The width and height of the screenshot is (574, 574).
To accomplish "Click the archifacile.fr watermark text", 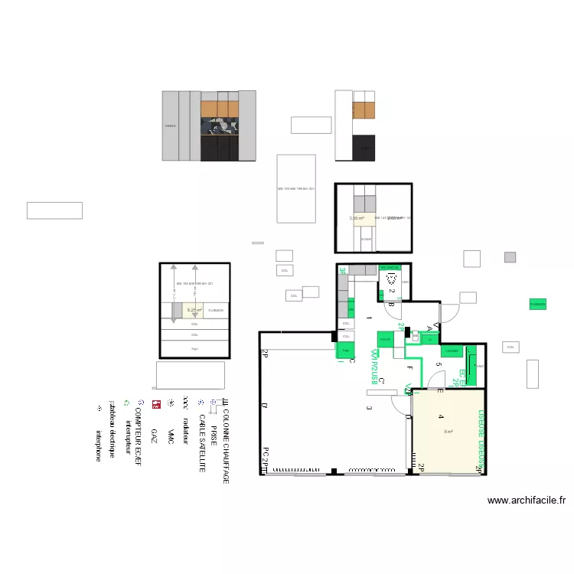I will [x=527, y=501].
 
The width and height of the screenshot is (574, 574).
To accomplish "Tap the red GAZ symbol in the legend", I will [x=155, y=403].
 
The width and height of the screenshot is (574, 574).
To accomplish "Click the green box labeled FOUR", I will [x=384, y=340].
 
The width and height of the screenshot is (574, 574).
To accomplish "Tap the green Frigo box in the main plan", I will [x=345, y=351].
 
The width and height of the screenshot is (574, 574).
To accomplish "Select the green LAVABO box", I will [x=452, y=351].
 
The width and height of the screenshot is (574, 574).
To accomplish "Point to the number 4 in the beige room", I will [x=441, y=417].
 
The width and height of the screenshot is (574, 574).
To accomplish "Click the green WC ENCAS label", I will [x=390, y=267].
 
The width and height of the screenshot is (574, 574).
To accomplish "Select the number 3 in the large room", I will [x=368, y=408].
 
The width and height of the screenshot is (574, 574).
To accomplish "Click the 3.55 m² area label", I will [x=357, y=219].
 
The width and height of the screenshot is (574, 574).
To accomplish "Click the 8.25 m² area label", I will [x=194, y=310].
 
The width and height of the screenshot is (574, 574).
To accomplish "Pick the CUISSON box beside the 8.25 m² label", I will [x=216, y=310].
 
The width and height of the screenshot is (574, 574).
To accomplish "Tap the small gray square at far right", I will [x=510, y=257].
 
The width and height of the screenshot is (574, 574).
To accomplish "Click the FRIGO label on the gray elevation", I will [x=170, y=126].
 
